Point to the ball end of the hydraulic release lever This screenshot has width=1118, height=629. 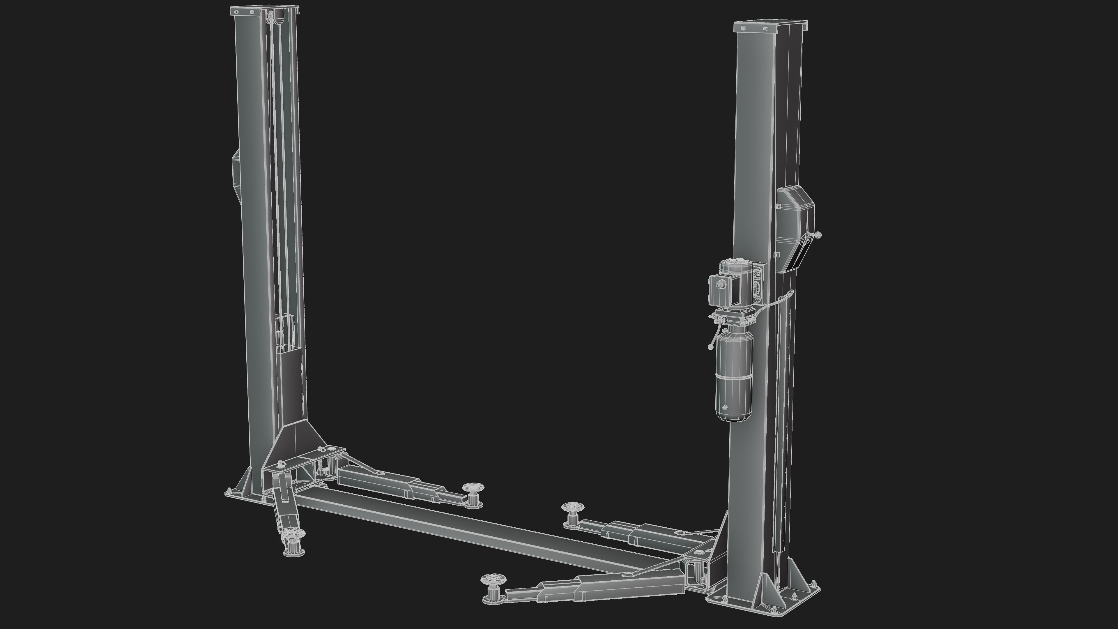[710, 347]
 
